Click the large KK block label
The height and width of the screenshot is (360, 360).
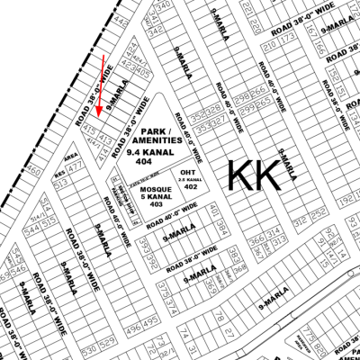tap(253, 173)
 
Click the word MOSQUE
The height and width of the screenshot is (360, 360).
tap(140, 190)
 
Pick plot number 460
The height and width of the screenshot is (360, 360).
tap(34, 169)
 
